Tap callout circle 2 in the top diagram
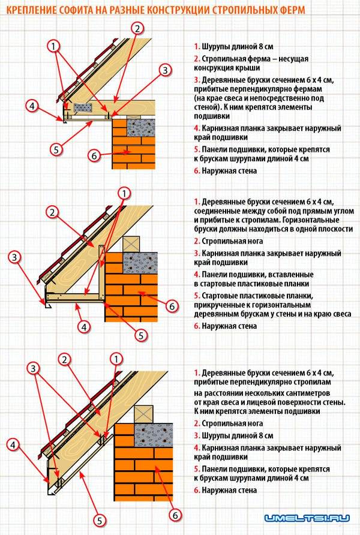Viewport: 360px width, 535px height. coord(137,28)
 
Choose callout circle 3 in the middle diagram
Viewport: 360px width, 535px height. coord(14,258)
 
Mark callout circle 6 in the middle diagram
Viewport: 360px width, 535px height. coord(170,306)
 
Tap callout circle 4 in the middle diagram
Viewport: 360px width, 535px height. coord(85,327)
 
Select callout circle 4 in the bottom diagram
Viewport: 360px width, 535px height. coord(14,444)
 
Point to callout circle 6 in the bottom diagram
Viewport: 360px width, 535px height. coord(175,514)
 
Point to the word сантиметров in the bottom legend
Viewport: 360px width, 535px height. coord(298,392)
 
